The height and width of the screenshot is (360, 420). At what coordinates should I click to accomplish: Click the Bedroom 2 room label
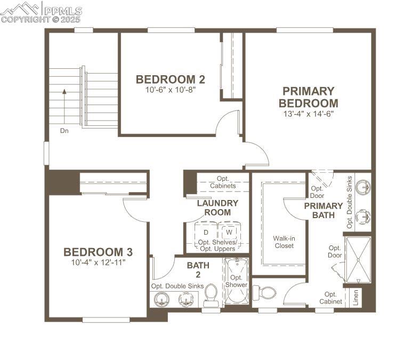pos(170,79)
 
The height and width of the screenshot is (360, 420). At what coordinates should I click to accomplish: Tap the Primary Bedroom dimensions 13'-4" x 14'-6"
pos(309,114)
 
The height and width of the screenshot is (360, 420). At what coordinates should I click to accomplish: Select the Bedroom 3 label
pos(98,252)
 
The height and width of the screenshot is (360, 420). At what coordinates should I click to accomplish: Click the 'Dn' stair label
pos(64,130)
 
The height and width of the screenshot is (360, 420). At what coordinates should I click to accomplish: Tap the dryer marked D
pos(205,233)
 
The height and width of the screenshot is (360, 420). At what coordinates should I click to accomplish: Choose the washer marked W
pos(229,233)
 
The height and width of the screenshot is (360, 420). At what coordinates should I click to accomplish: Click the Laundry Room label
pos(217,207)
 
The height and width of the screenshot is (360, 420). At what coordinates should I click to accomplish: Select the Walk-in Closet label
pos(284,242)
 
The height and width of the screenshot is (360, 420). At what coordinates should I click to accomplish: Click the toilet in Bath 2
pos(211,296)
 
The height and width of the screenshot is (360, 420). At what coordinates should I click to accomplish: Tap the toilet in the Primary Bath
pos(265,292)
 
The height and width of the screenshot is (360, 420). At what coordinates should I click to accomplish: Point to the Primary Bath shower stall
pos(358,260)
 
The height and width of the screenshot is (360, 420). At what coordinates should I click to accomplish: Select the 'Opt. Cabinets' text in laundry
pos(223,182)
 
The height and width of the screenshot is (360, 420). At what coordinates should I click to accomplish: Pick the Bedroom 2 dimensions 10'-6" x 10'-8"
pos(170,90)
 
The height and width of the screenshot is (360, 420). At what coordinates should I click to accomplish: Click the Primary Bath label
pos(323,210)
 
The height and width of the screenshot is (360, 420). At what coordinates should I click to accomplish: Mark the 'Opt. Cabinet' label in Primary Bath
pos(330,298)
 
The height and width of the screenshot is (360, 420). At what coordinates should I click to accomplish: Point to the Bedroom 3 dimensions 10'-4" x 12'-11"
pos(98,262)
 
